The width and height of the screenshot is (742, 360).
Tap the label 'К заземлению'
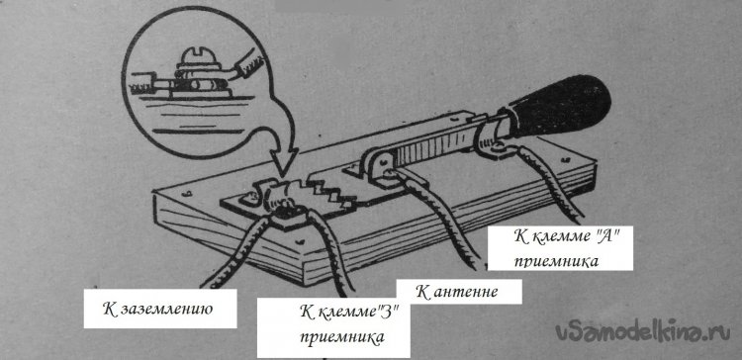158,310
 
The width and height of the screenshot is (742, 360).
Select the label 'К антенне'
457,292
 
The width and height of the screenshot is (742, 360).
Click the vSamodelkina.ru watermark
643,332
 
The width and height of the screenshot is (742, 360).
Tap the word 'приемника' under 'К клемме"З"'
342,338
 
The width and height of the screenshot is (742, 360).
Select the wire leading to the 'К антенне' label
440,218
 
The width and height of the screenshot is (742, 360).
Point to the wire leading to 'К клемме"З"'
330,253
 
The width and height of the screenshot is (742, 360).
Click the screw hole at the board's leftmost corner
186,193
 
